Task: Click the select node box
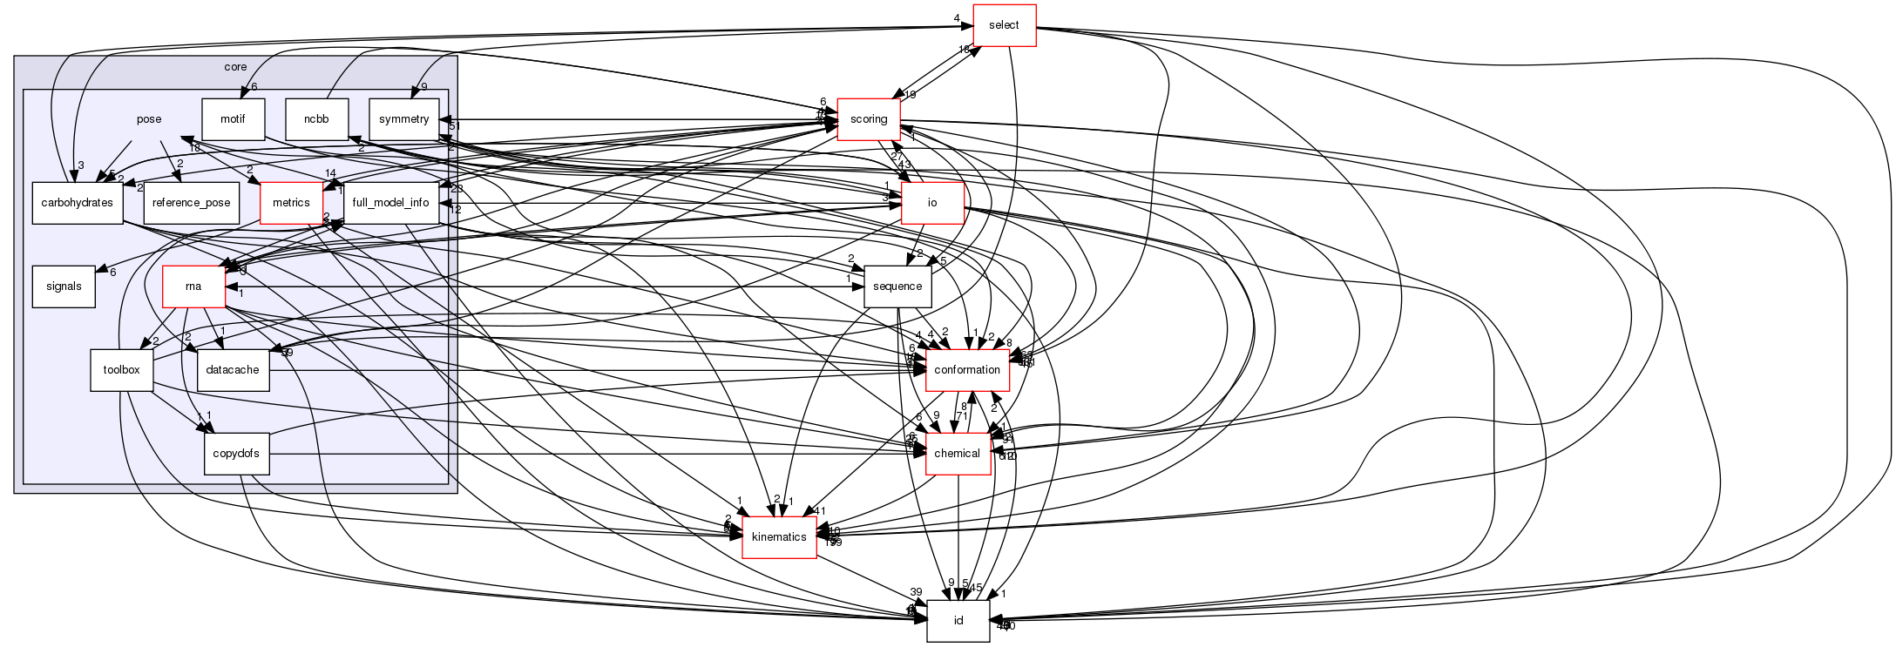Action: [1003, 25]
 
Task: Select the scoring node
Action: [869, 119]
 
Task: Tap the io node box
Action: [932, 203]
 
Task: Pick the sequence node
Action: [897, 286]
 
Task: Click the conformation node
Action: [966, 370]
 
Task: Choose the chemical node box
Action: [958, 454]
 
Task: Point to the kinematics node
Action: [779, 537]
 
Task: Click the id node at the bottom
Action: [958, 621]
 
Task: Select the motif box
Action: [233, 119]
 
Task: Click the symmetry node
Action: [403, 119]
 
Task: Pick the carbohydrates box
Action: [77, 203]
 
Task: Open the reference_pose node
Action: [191, 203]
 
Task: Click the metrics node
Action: [291, 203]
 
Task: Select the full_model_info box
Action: [389, 203]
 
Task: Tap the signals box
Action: [64, 286]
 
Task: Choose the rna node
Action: [193, 286]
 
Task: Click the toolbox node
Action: [121, 370]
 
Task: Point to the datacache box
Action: [233, 370]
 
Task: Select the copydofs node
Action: [237, 454]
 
